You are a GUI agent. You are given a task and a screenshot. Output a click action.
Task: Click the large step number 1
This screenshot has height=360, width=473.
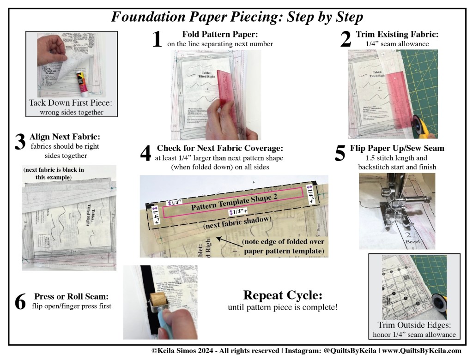click(157, 40)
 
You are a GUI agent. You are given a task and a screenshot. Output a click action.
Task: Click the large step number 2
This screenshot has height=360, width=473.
click(345, 40)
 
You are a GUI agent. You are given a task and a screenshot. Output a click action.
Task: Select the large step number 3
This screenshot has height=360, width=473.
click(19, 143)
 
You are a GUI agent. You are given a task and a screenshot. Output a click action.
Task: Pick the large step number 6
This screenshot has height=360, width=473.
click(20, 301)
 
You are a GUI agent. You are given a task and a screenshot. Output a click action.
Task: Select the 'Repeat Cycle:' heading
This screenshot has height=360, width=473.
click(282, 295)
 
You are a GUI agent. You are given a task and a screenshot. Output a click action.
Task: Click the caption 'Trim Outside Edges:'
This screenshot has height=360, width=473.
click(414, 324)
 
